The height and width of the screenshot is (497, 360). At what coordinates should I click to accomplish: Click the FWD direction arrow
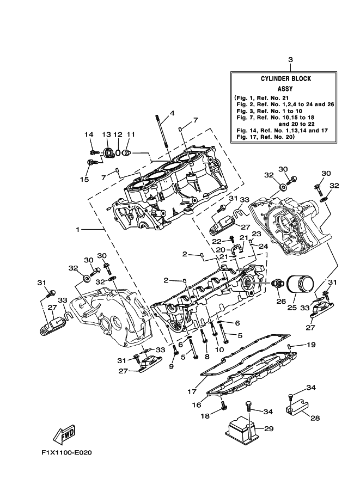point(63,434)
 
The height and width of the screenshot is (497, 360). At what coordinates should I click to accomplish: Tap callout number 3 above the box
point(290,59)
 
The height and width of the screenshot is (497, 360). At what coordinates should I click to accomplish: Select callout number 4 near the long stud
point(172,113)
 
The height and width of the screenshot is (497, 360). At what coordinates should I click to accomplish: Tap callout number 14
point(89,134)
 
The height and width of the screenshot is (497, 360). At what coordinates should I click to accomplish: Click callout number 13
point(106,134)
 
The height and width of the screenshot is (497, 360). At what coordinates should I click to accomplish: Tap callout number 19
point(311,345)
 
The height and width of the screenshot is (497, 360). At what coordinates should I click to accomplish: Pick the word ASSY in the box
point(285,88)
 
